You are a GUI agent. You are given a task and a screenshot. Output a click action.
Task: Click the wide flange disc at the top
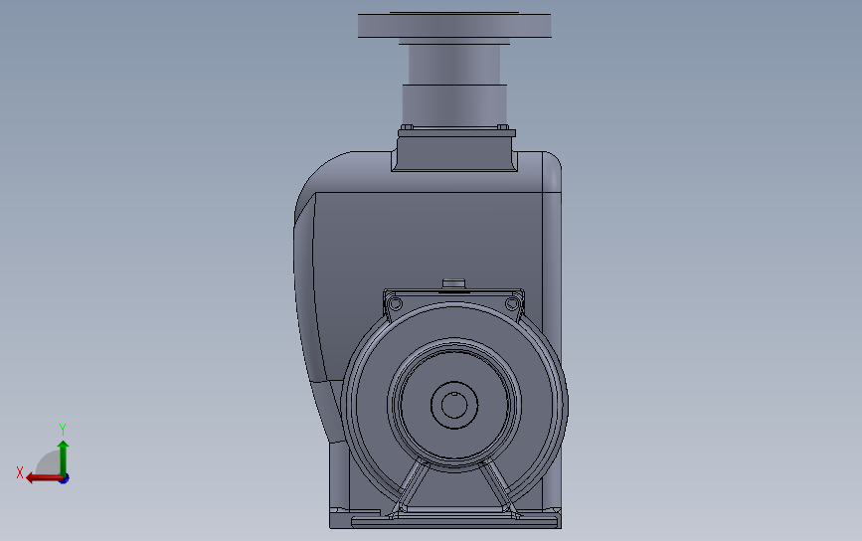coord(454,26)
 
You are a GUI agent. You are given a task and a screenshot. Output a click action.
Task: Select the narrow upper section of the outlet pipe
coord(454,65)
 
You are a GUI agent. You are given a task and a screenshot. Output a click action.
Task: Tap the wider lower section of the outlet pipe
coord(454,104)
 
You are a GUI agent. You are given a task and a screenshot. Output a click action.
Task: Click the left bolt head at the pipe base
coord(407,127)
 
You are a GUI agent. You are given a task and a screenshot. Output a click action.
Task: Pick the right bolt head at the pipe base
coord(502,127)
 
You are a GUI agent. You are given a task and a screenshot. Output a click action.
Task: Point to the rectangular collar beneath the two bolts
coord(454,150)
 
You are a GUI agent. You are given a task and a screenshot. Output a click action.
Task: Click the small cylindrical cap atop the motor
coord(453,283)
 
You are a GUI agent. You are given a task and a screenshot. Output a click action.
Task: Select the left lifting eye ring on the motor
coord(395,303)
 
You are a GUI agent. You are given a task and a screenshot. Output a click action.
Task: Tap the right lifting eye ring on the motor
coord(512,303)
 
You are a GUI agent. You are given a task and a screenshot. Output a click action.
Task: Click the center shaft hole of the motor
coord(454,405)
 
